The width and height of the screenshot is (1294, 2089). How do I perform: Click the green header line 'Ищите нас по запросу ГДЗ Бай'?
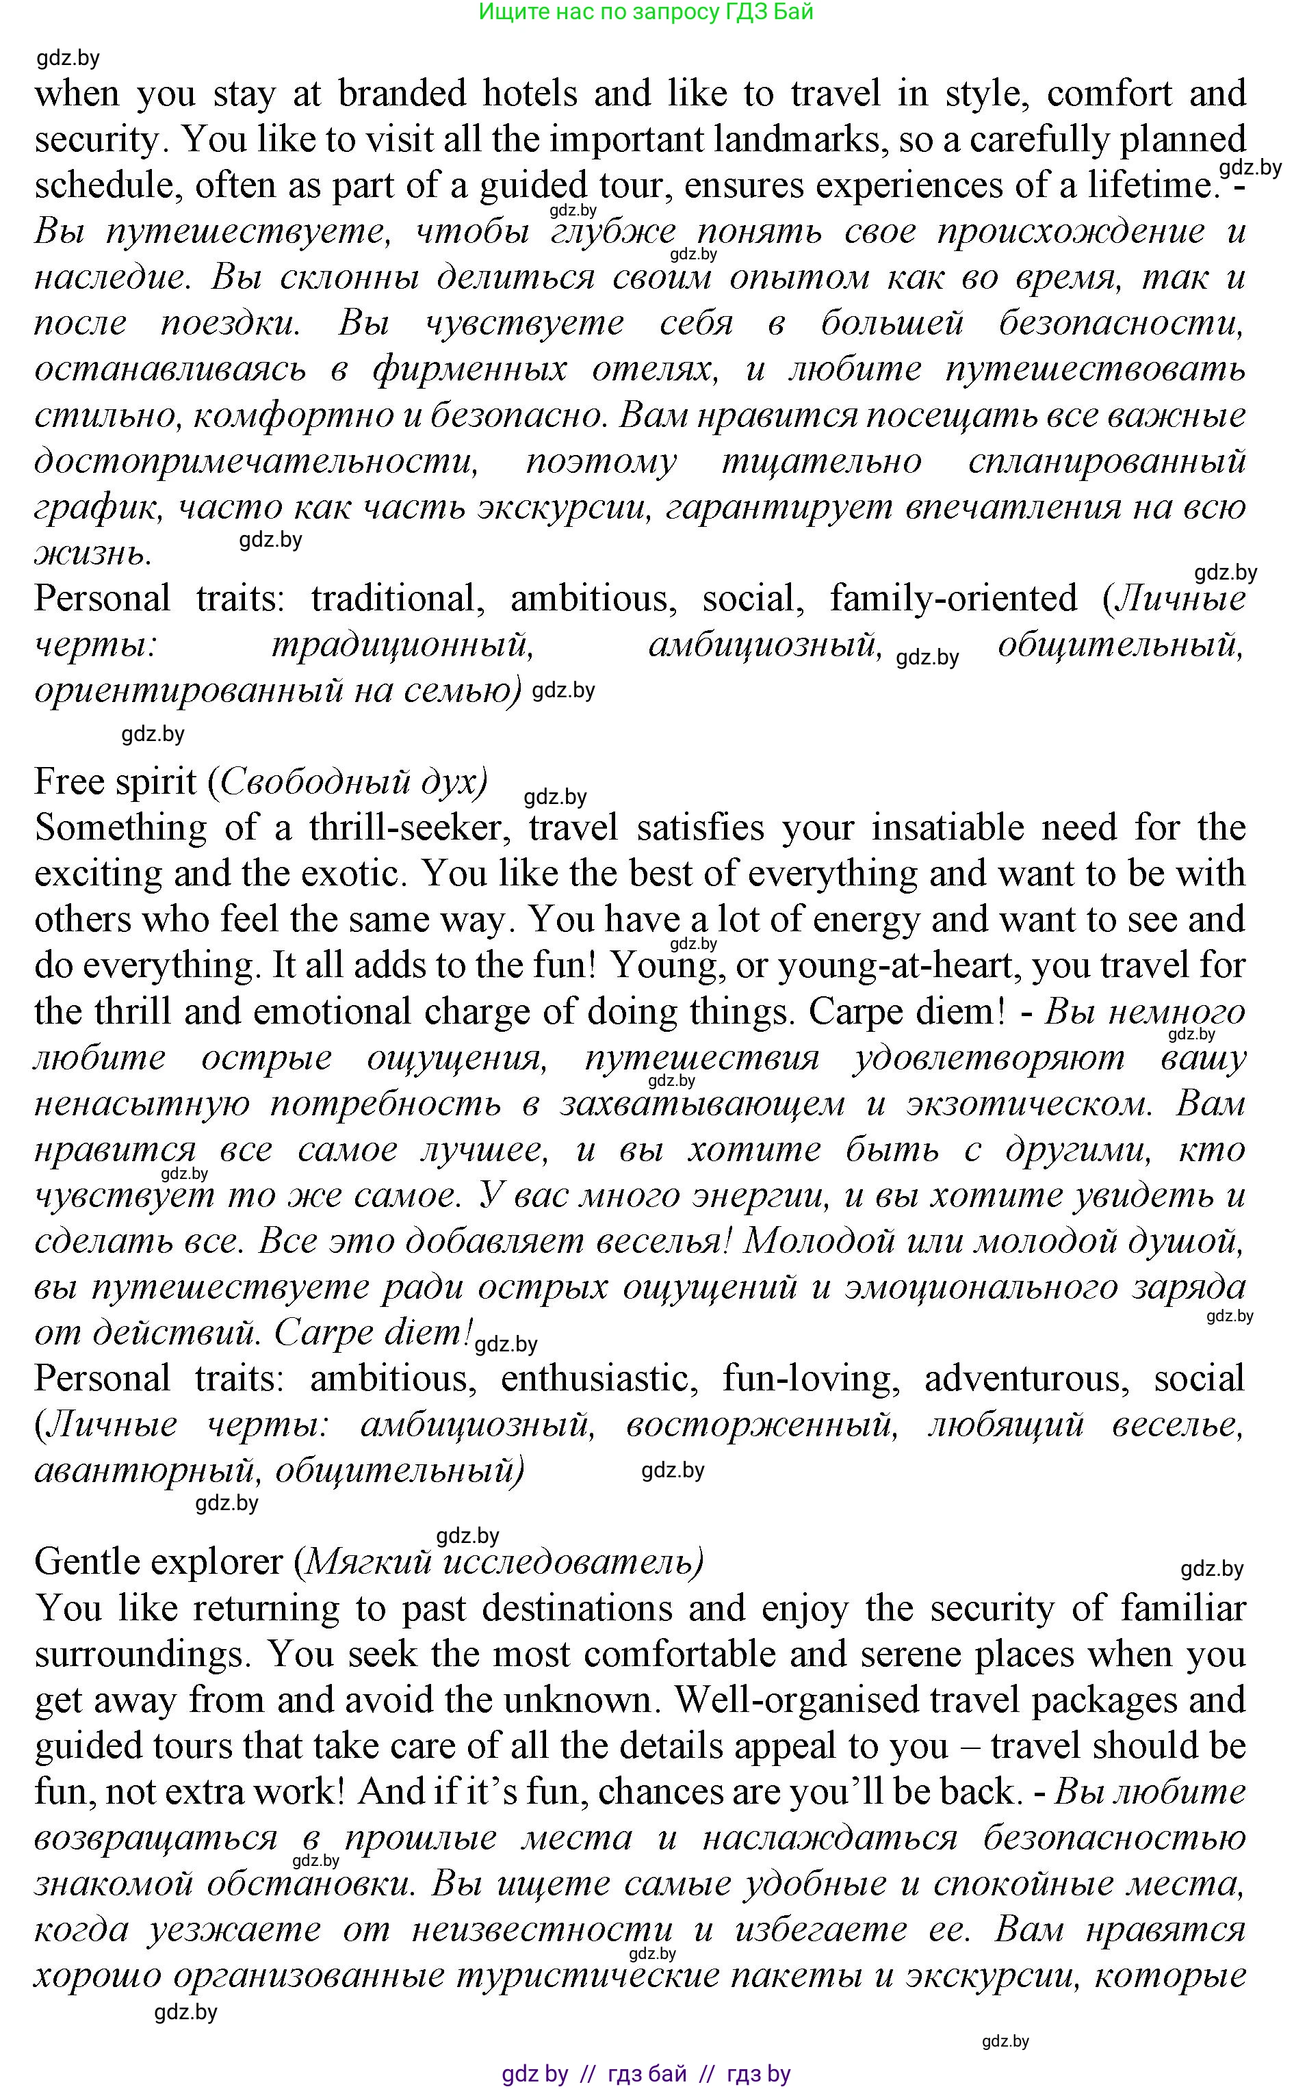click(645, 12)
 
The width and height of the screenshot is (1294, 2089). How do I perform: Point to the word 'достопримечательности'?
click(256, 462)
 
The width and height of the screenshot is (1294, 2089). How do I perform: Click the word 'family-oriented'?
click(953, 599)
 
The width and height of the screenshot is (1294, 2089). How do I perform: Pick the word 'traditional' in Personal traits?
click(392, 599)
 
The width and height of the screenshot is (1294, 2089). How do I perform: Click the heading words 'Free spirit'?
click(116, 782)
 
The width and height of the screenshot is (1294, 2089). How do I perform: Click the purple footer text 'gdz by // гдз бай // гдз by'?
click(645, 2073)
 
